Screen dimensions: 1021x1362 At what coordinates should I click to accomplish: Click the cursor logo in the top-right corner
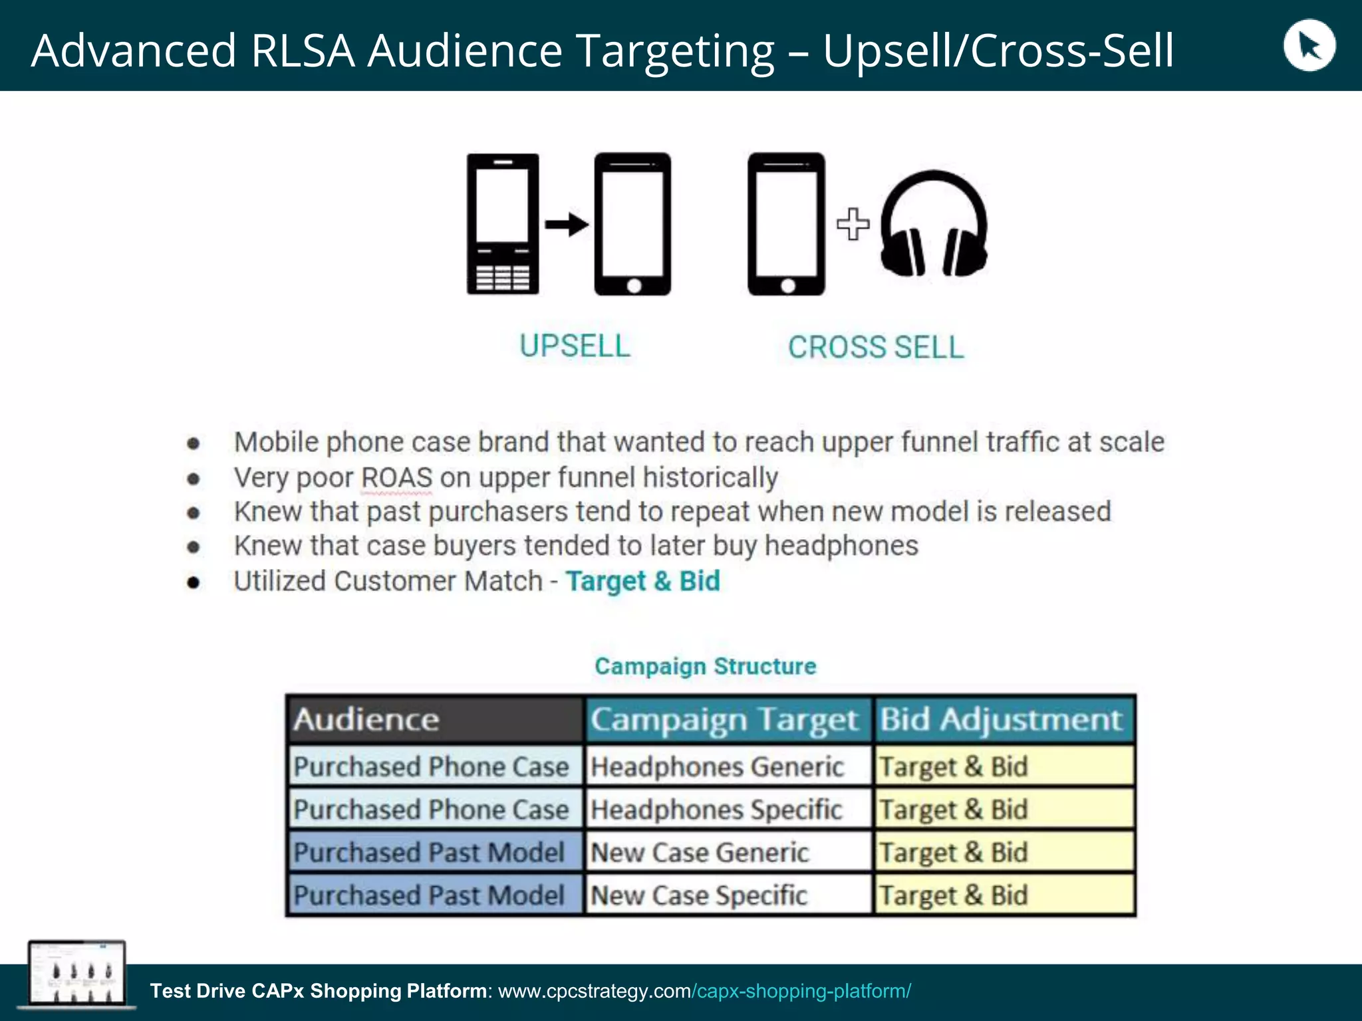(1308, 46)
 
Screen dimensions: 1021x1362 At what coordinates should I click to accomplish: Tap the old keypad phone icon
(503, 224)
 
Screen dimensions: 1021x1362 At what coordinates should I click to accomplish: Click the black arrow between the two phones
(567, 225)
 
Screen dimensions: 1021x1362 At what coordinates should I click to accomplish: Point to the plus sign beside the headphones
(853, 224)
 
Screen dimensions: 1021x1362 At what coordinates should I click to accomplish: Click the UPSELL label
(575, 346)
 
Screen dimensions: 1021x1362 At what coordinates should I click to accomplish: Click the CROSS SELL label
(876, 348)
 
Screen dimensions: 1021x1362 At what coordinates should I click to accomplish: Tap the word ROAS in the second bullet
(396, 478)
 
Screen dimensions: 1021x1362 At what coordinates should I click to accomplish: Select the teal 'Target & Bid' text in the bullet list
(642, 581)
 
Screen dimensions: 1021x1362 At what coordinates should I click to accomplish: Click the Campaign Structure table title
(705, 666)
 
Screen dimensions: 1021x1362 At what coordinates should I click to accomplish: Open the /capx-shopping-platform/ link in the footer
(801, 991)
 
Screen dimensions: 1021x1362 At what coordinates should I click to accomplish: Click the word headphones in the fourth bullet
(841, 546)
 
